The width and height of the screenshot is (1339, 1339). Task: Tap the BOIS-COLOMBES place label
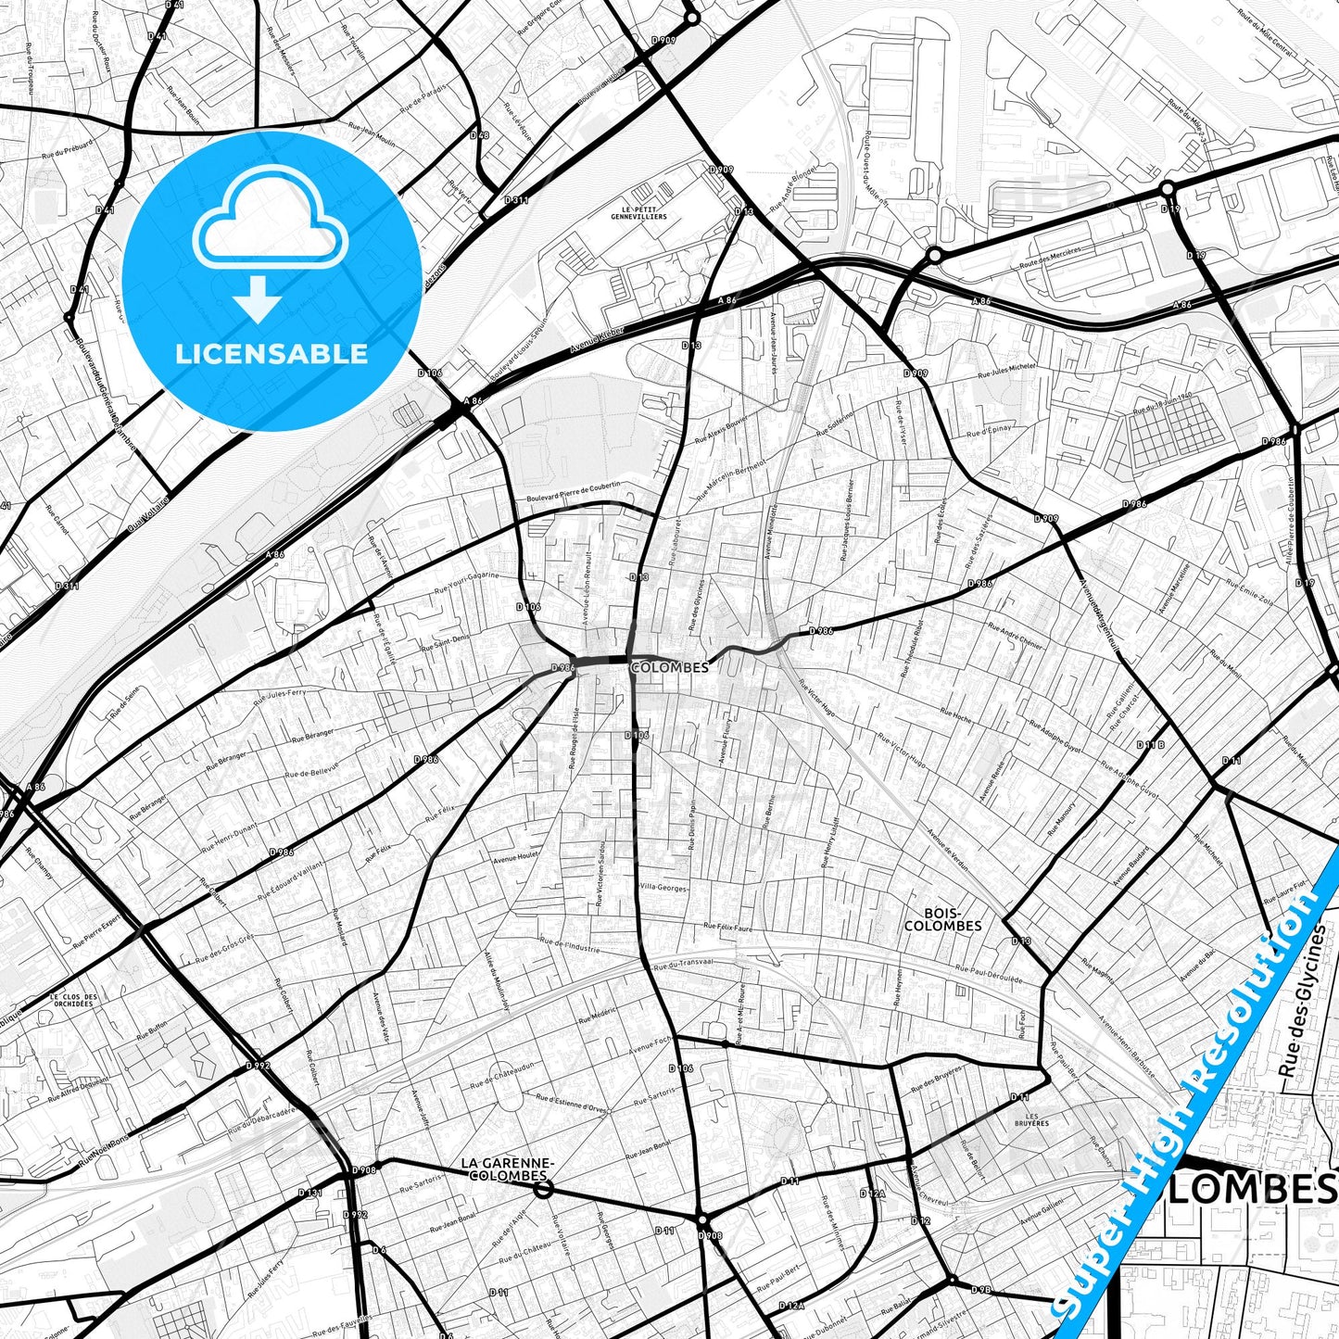tap(942, 918)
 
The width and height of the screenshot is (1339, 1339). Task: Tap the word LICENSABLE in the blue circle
tap(272, 353)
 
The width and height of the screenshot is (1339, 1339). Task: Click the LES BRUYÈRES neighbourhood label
tap(1031, 1119)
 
